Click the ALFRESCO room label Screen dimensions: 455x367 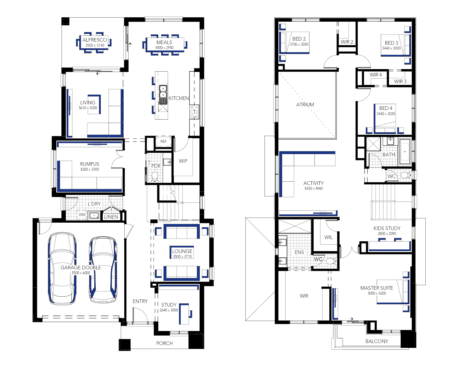point(95,40)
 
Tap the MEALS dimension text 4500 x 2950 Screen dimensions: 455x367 point(164,48)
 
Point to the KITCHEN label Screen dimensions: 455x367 point(179,98)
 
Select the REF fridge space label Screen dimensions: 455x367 point(163,142)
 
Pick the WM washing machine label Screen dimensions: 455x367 point(82,215)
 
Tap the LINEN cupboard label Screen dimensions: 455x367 point(111,217)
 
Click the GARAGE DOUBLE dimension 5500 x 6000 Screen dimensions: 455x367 point(81,273)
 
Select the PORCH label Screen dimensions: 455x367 point(164,343)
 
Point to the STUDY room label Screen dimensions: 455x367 point(169,305)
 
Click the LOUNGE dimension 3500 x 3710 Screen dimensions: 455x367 point(182,257)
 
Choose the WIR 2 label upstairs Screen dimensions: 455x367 point(347,42)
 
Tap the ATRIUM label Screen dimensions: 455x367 point(305,105)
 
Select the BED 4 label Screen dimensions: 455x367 point(386,108)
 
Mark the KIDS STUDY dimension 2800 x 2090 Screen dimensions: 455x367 point(387,234)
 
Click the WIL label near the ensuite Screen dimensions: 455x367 point(329,237)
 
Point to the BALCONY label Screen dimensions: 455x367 point(377,341)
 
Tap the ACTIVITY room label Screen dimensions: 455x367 point(314,183)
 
